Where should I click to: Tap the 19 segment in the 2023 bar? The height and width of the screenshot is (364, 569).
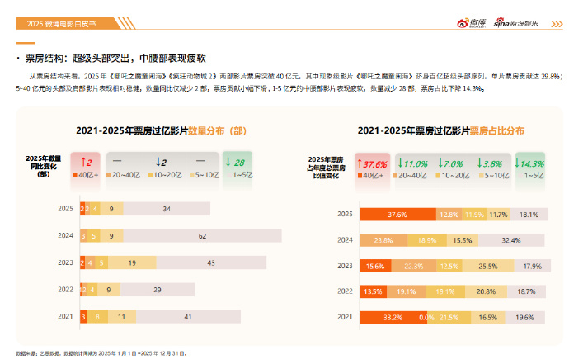(x=132, y=262)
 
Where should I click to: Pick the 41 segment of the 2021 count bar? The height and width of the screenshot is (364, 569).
(x=188, y=316)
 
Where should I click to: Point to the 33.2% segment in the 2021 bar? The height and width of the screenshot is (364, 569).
(x=393, y=317)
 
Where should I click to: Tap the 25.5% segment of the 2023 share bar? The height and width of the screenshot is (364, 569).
(x=487, y=266)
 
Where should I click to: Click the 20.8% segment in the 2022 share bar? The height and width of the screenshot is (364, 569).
(x=486, y=291)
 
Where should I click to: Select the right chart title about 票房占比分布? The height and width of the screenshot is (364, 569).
(x=440, y=130)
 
